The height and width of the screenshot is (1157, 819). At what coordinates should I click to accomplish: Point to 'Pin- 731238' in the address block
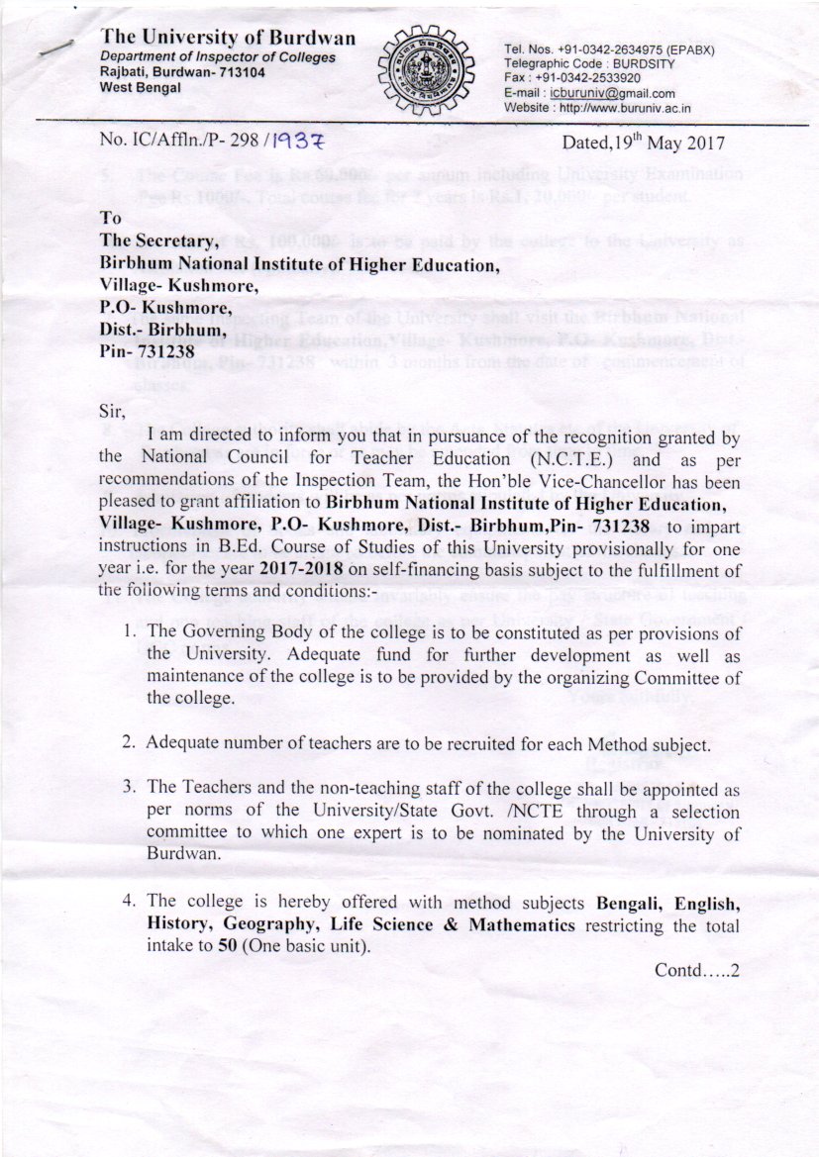(150, 351)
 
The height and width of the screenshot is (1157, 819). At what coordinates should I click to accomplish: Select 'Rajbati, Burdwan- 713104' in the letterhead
(182, 73)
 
